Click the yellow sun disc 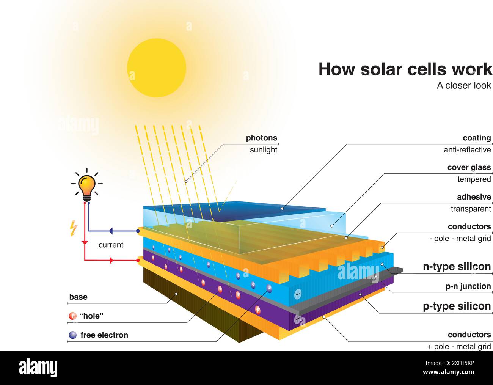(x=157, y=68)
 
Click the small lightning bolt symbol (x=74, y=228)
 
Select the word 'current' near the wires (x=111, y=245)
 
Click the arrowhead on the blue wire (x=111, y=231)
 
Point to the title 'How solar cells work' (x=405, y=69)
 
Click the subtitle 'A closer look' (x=464, y=86)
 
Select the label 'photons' (x=261, y=138)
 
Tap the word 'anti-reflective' (x=467, y=150)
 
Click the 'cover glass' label (x=469, y=167)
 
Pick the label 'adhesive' (x=474, y=197)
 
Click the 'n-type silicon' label (x=457, y=267)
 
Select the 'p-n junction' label (x=468, y=286)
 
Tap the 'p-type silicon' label (x=457, y=306)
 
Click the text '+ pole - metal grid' (x=459, y=347)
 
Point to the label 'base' (x=78, y=297)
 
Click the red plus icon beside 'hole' (x=72, y=316)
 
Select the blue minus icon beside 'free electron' (x=72, y=335)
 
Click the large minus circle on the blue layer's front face (x=298, y=294)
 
